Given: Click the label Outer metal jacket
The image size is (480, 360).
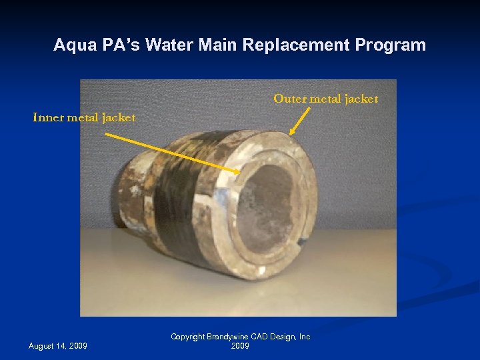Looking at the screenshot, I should pos(325,99).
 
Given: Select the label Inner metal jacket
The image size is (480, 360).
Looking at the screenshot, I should pos(85,117).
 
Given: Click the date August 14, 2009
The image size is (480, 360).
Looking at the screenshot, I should pos(58,345).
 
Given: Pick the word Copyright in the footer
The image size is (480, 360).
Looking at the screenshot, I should pos(189,337).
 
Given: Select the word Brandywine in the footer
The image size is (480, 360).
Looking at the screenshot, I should pos(230,337).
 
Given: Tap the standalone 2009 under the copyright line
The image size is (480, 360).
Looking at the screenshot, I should pos(240,346).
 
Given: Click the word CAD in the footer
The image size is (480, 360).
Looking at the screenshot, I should pos(261,337).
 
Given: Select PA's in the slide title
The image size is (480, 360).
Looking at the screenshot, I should pos(116,45).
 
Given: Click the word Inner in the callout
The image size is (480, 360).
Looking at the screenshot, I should pos(48,117).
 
